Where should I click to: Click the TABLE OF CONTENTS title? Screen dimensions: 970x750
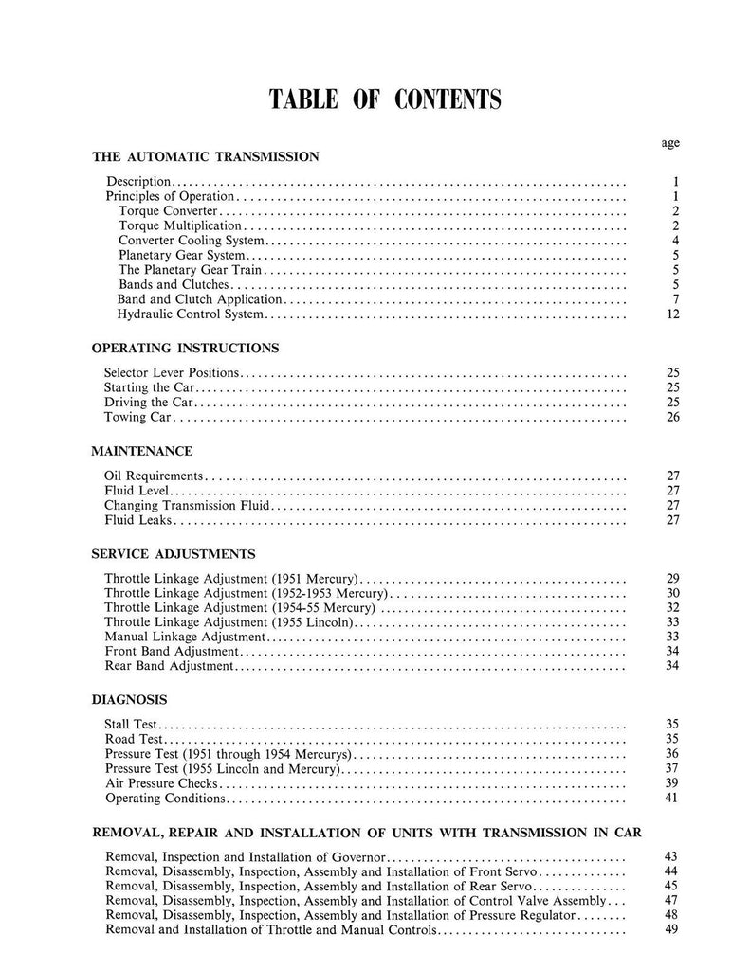[385, 99]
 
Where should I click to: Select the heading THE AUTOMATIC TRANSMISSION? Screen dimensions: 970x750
[205, 155]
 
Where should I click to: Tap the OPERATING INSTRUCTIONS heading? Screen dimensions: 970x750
[184, 348]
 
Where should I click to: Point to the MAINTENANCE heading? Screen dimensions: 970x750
[141, 451]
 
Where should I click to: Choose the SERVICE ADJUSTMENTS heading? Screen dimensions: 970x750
[173, 553]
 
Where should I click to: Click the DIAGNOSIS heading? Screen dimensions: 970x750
[129, 700]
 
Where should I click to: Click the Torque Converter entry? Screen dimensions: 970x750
[168, 210]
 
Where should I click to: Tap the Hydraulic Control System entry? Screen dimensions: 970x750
[190, 314]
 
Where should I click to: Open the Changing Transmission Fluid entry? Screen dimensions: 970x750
[187, 506]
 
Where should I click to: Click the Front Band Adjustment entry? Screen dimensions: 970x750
[171, 652]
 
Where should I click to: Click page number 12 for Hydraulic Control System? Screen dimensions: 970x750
[673, 314]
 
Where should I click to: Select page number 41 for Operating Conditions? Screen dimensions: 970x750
[673, 799]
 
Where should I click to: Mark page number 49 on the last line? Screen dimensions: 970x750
[673, 930]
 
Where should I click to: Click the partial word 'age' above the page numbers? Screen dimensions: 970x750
[670, 143]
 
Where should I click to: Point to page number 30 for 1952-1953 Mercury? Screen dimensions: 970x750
[673, 593]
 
